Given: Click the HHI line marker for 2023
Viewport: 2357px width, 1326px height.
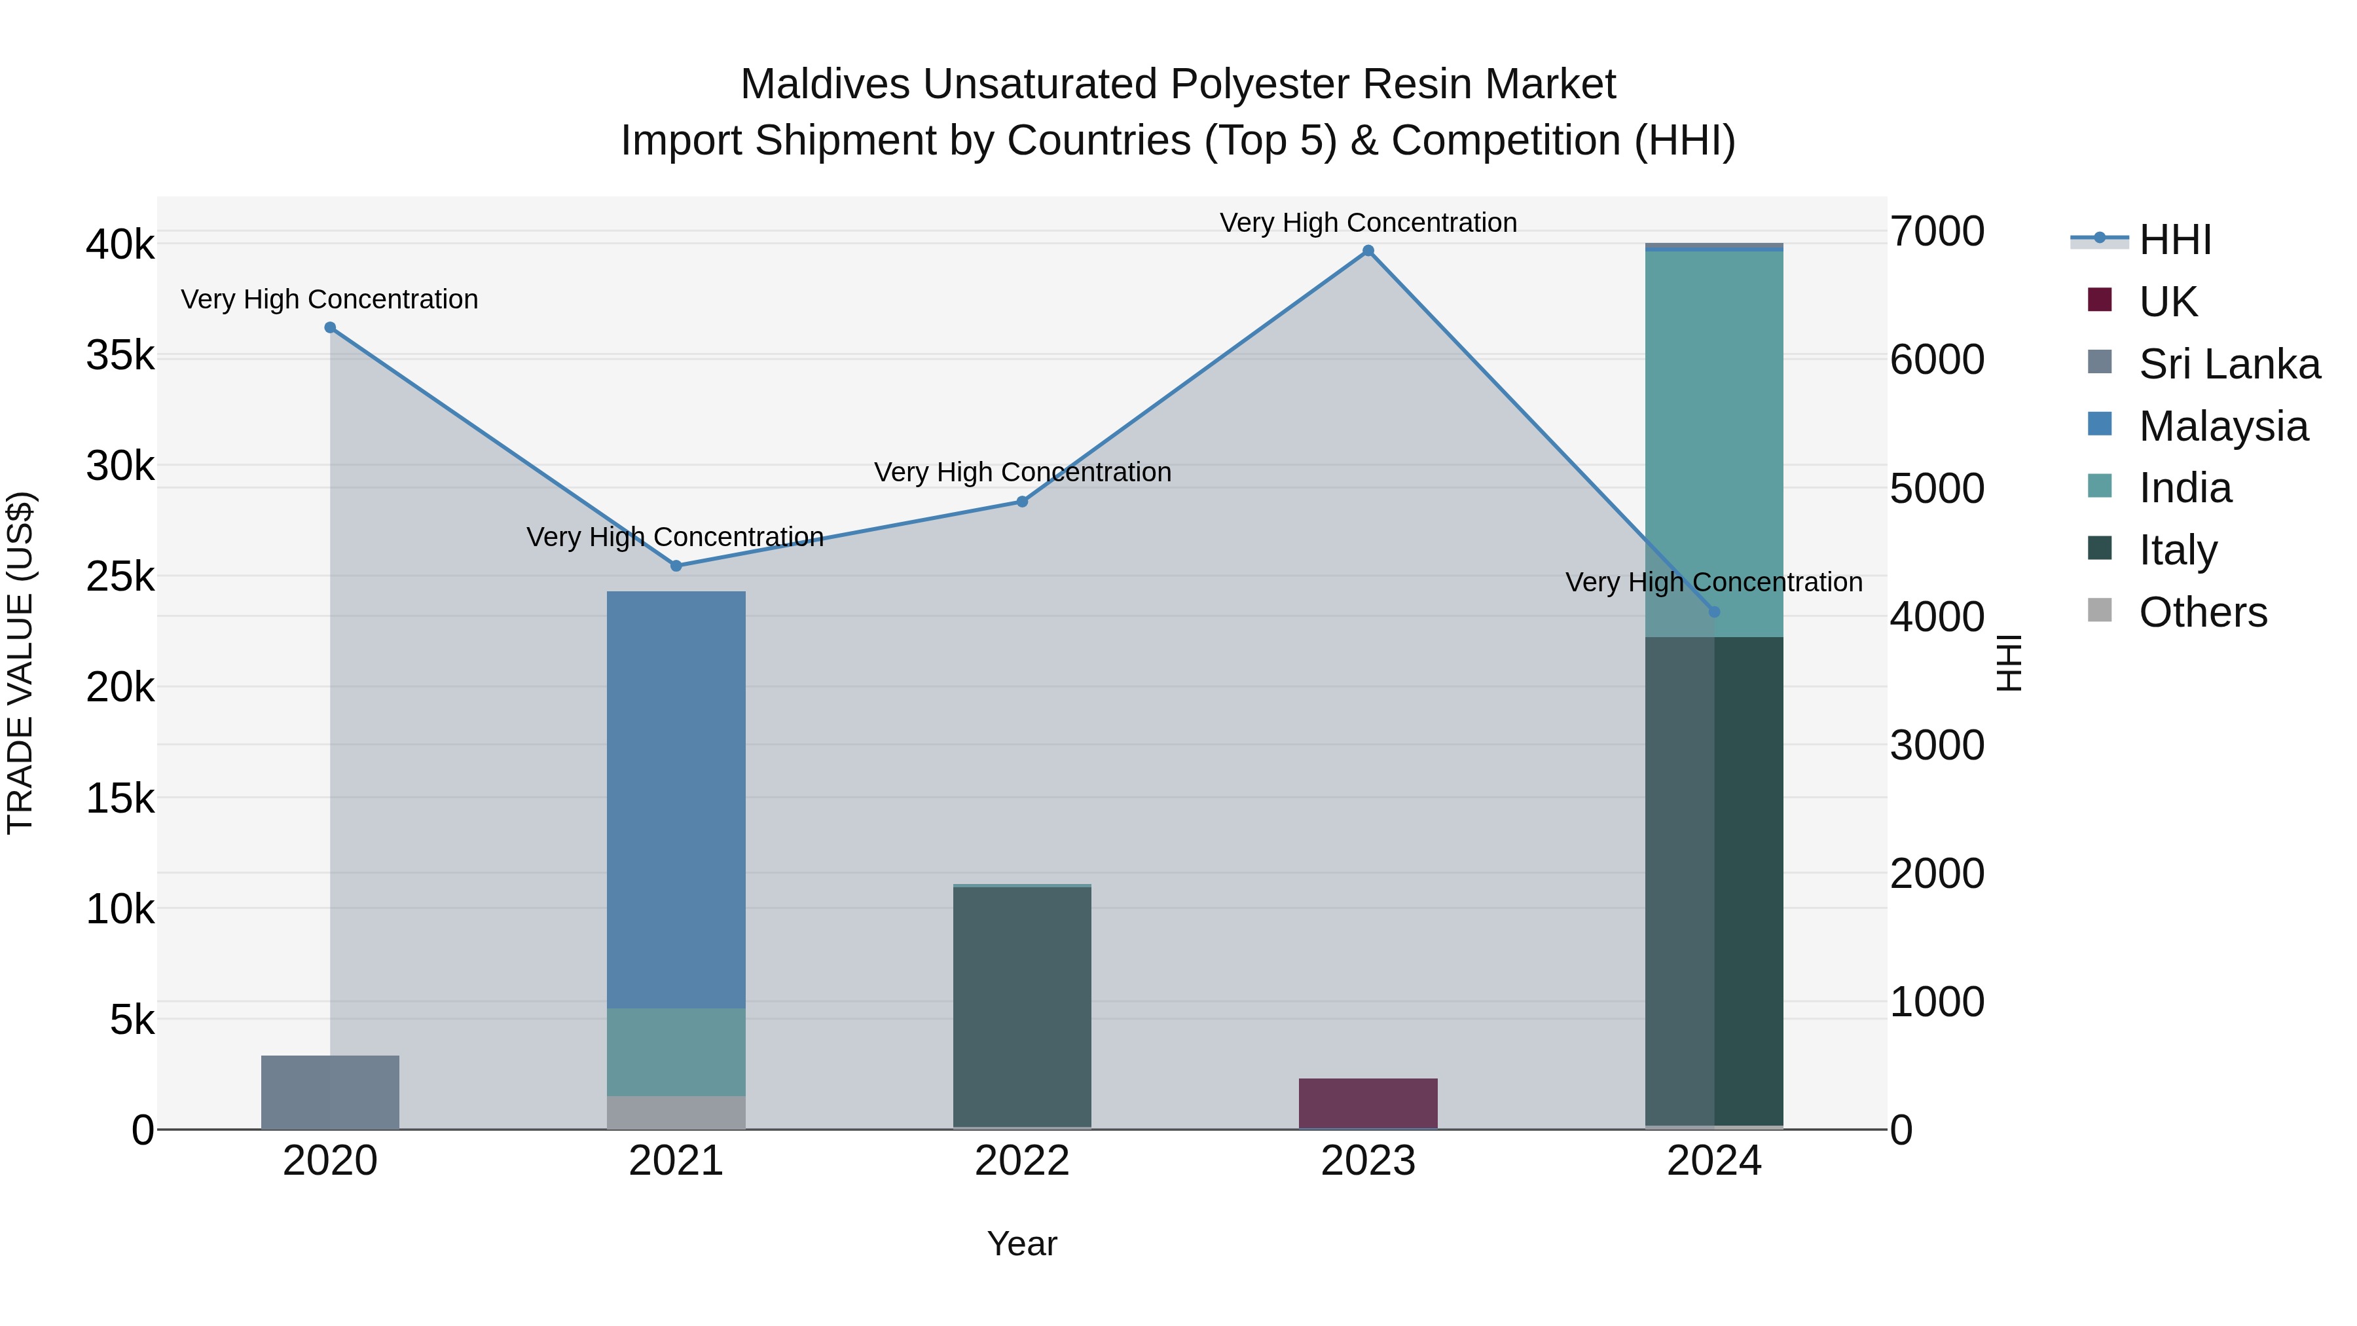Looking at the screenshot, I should [1368, 251].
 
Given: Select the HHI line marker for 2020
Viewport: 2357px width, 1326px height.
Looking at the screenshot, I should [331, 327].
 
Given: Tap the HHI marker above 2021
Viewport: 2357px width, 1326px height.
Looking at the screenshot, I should [676, 566].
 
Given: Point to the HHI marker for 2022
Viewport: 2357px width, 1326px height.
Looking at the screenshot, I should [1022, 502].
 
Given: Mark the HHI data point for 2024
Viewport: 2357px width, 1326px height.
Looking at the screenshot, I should [1714, 612].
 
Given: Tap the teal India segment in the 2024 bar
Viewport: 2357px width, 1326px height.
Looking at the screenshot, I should [1714, 444].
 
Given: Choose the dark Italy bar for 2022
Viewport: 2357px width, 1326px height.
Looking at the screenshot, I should [1022, 1006].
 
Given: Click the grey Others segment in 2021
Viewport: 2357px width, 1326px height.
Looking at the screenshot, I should [676, 1112].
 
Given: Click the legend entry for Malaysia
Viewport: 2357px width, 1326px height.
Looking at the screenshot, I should [2223, 426].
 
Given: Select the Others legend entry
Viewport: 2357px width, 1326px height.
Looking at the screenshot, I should [2202, 612].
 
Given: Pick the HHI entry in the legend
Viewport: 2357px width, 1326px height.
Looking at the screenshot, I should [2175, 240].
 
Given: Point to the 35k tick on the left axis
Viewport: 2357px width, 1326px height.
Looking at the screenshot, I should [120, 355].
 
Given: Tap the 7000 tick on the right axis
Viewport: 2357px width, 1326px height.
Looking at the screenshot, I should [1937, 232].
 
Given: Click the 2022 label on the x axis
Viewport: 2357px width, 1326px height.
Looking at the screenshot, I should [1022, 1161].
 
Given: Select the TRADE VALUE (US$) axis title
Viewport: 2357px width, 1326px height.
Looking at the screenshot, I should [21, 663].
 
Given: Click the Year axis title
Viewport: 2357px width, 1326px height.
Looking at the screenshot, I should [1022, 1243].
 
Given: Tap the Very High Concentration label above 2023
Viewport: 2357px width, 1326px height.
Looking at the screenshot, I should [1368, 223].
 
